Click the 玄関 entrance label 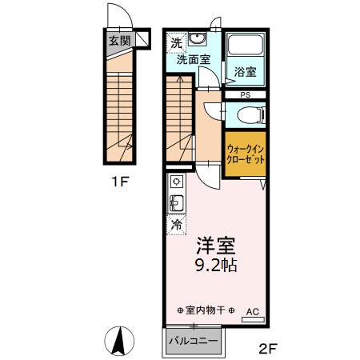(118, 41)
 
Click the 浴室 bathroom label (245, 72)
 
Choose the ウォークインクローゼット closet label (246, 154)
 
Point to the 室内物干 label (205, 310)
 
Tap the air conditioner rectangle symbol (253, 320)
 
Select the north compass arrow (119, 342)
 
